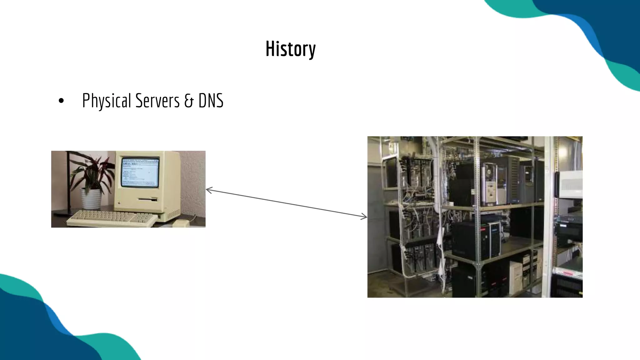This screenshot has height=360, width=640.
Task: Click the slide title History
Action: [290, 49]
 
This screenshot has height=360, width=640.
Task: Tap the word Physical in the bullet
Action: [106, 101]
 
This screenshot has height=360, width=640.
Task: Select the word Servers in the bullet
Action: [157, 101]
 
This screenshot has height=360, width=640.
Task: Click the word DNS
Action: [211, 101]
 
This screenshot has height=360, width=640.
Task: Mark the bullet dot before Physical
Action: [61, 101]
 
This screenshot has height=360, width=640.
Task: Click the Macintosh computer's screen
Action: [140, 172]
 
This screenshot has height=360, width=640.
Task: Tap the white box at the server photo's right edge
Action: [570, 184]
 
